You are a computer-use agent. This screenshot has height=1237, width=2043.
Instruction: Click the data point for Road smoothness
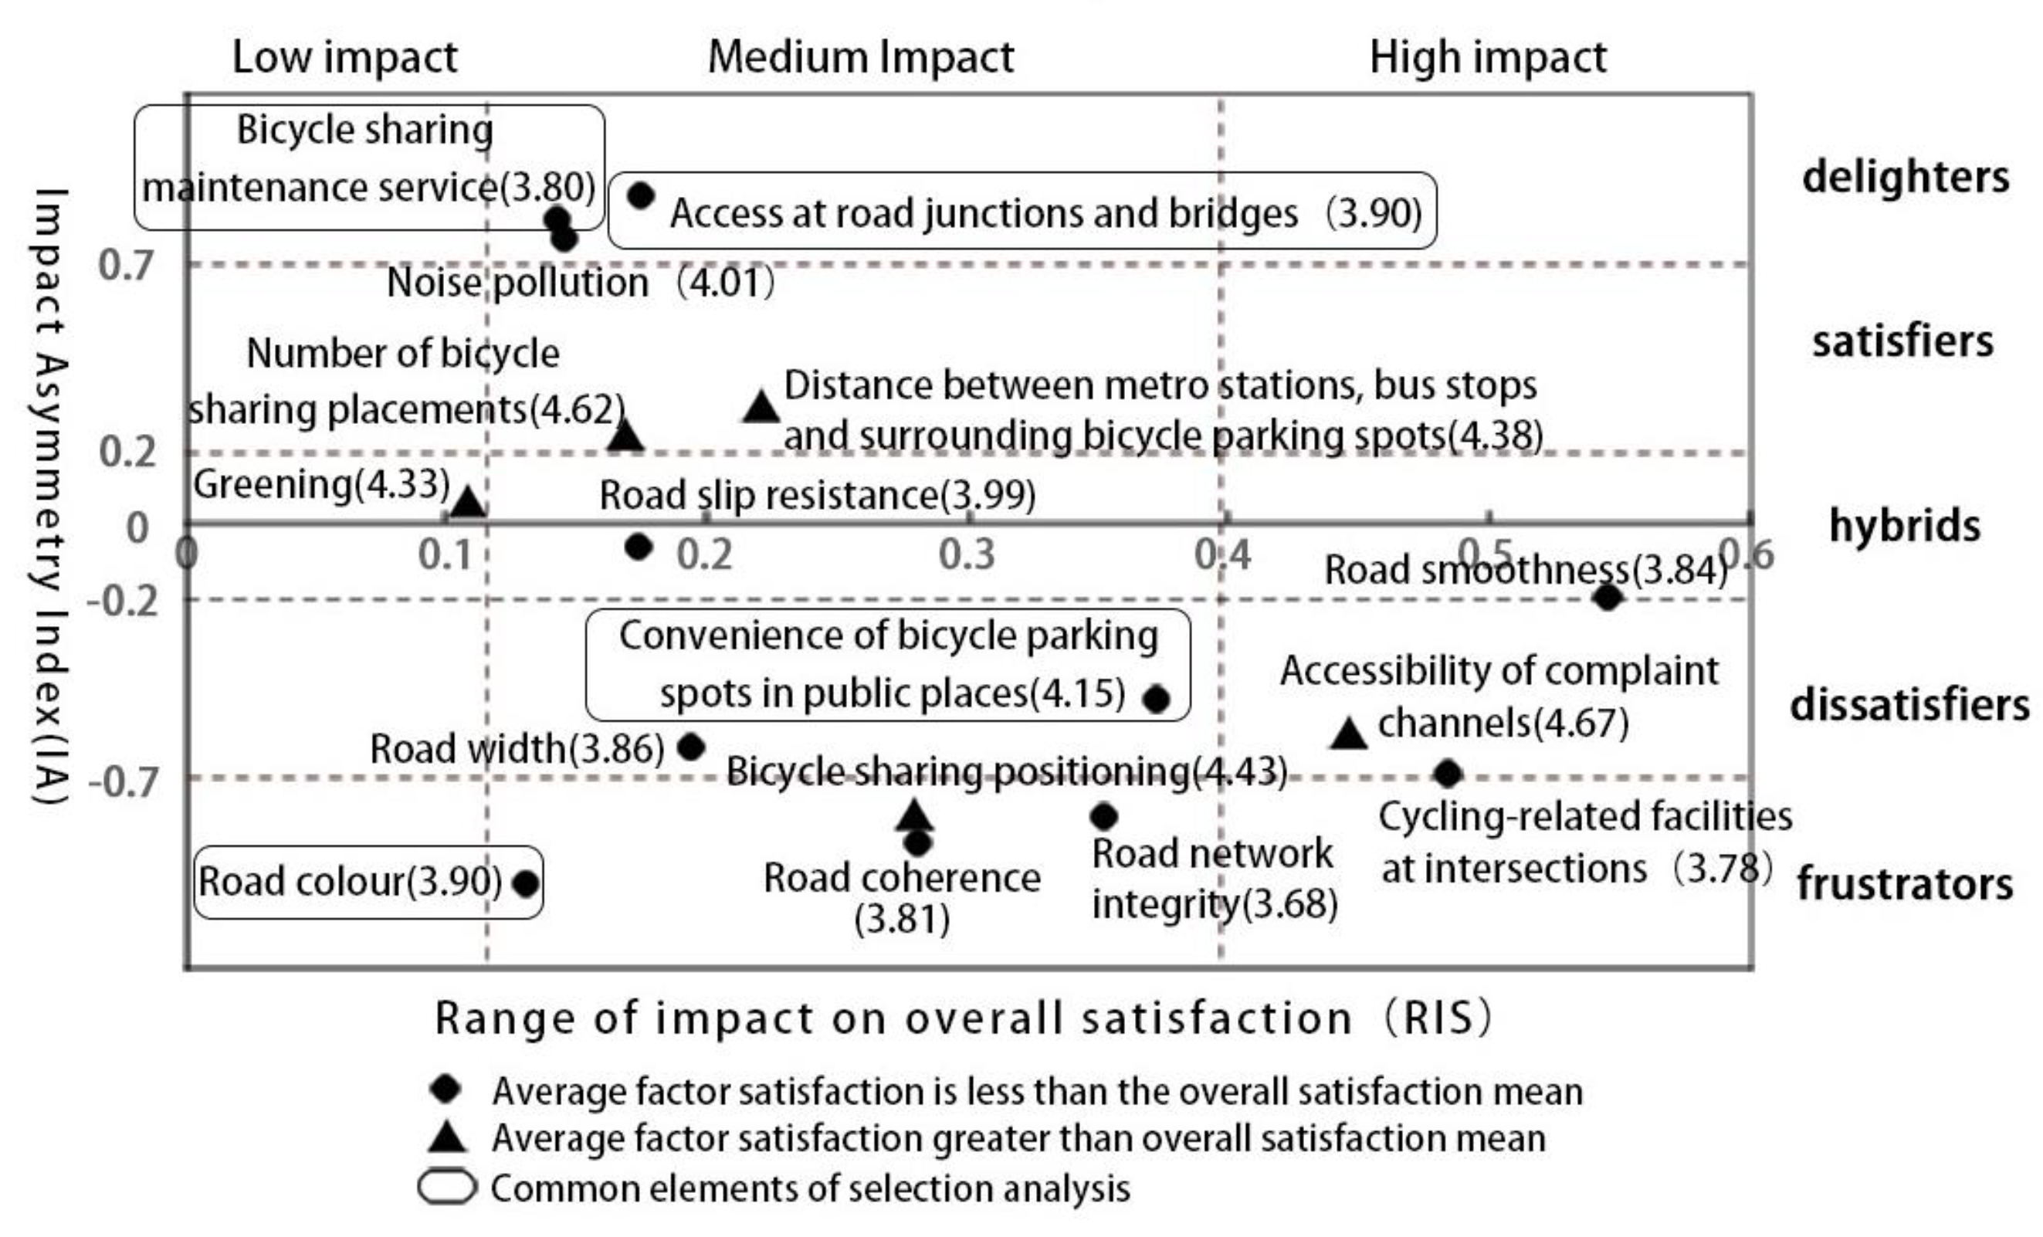pos(1607,597)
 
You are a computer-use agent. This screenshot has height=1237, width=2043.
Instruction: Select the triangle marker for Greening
pos(468,503)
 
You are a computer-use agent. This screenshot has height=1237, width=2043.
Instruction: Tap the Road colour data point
pos(526,883)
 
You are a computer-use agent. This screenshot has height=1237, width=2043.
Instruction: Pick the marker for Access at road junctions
pos(641,195)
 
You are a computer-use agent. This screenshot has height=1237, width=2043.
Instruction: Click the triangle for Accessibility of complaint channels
pos(1348,734)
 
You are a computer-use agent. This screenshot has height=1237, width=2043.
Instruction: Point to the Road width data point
pos(692,747)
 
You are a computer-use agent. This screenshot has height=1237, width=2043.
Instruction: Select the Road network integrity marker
pos(1103,817)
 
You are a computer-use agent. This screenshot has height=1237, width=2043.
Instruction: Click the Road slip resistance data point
pos(639,547)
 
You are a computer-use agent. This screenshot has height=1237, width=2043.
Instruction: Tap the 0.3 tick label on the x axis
pos(967,555)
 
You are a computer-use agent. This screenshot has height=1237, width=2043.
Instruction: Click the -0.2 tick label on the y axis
pos(123,600)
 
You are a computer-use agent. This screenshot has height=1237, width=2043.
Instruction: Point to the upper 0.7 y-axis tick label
pos(126,266)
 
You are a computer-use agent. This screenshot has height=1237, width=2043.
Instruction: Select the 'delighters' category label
pos(1906,178)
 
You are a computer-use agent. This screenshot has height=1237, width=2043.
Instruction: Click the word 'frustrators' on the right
pos(1905,885)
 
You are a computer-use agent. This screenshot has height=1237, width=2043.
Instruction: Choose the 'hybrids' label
pos(1905,526)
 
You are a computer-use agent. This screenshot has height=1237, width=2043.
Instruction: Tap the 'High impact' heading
pos(1488,58)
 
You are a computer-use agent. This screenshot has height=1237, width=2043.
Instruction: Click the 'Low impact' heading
pos(344,58)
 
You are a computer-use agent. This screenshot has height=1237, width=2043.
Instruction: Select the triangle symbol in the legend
pos(448,1137)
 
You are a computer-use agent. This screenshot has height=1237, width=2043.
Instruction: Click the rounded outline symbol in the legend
pos(448,1188)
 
